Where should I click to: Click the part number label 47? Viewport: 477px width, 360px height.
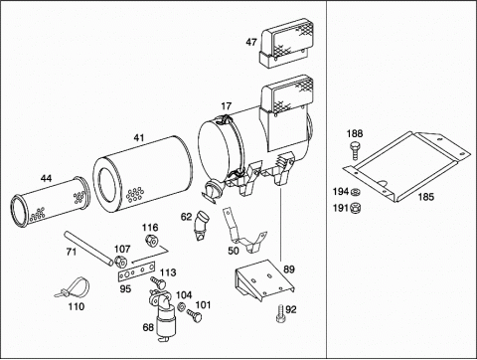251,42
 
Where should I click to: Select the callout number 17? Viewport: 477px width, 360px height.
226,106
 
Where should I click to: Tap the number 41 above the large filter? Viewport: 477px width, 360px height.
139,137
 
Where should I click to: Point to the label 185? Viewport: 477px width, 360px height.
425,197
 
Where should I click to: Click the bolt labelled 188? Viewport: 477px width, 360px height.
355,151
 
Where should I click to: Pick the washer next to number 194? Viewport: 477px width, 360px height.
356,192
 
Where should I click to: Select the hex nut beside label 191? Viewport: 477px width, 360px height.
356,208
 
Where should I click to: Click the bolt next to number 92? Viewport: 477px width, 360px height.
280,313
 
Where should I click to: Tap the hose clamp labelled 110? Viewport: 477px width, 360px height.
74,288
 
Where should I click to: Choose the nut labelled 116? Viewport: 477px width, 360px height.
151,241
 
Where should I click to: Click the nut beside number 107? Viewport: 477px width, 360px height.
120,261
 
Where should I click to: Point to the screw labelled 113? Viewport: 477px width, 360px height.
159,282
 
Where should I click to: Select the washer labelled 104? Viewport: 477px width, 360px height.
181,307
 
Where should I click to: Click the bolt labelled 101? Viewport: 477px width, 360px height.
194,315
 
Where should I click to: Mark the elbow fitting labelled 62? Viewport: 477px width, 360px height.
201,226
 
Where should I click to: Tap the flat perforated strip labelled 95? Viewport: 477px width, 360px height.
136,271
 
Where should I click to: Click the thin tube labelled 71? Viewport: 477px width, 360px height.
88,249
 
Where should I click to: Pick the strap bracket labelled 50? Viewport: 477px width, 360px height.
244,231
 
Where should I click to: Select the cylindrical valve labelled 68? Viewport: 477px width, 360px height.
162,315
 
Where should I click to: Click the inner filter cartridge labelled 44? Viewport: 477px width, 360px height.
51,202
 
